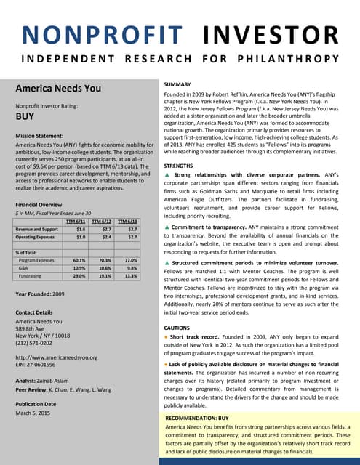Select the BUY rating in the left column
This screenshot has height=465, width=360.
pyautogui.click(x=25, y=116)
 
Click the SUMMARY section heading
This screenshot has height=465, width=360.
pyautogui.click(x=180, y=84)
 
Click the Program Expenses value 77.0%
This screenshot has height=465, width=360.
pyautogui.click(x=129, y=259)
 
